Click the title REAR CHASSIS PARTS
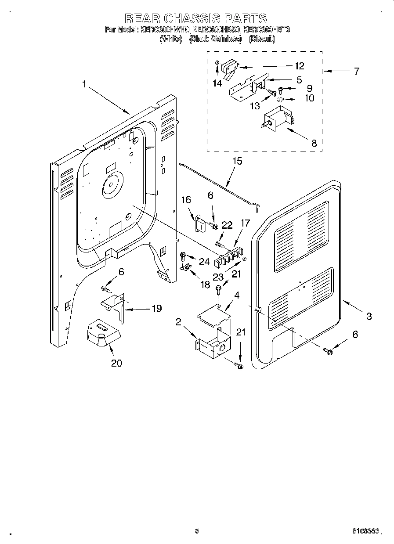coord(196,18)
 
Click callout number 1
coord(84,84)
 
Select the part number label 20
coord(116,363)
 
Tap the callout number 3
coord(369,316)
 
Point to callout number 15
coord(237,161)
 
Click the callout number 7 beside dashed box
coord(356,71)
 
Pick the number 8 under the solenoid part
coord(314,143)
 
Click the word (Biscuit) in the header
coord(262,39)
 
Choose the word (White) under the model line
coord(171,39)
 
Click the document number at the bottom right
coord(365,531)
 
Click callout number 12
coord(299,66)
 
